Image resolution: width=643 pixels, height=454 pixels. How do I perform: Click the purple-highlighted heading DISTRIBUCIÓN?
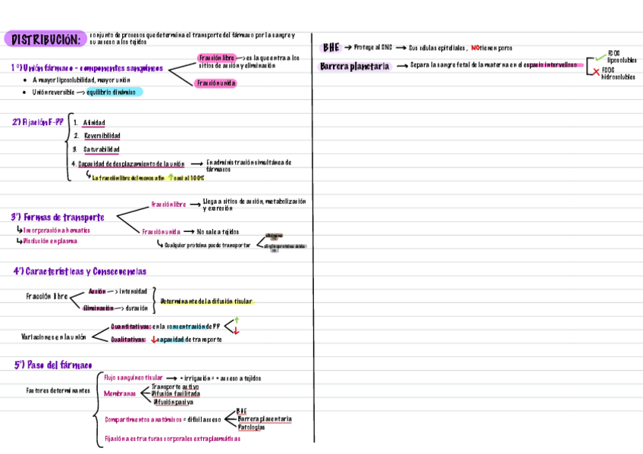click(x=45, y=39)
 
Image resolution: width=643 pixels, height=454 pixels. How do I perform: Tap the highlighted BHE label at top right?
click(x=331, y=47)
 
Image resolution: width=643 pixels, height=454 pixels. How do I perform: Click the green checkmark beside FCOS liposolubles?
click(x=601, y=55)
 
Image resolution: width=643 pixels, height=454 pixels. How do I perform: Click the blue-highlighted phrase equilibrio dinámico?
click(x=111, y=92)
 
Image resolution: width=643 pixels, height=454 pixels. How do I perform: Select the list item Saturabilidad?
click(x=102, y=149)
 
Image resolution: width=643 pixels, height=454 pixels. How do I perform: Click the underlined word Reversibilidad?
click(x=102, y=136)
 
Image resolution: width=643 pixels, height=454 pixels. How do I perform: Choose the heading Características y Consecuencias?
click(x=80, y=271)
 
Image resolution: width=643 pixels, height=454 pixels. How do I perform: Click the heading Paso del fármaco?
click(x=53, y=365)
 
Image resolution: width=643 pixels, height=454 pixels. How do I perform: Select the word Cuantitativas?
click(x=130, y=327)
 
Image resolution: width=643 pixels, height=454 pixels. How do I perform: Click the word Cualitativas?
click(x=128, y=340)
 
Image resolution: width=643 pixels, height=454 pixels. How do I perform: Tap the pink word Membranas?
click(x=120, y=394)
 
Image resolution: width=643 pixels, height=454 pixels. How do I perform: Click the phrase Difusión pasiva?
click(x=174, y=402)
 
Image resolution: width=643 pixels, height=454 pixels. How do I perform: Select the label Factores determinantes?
click(x=58, y=391)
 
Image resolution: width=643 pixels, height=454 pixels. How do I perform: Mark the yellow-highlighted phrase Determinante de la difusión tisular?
click(x=206, y=302)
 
